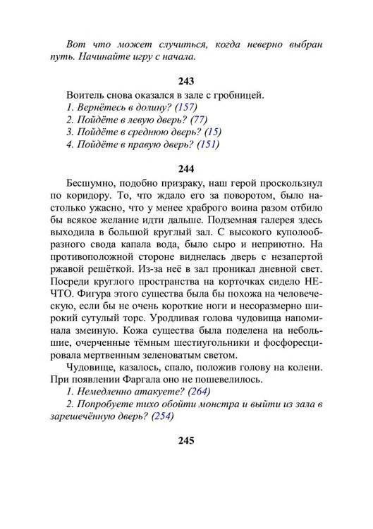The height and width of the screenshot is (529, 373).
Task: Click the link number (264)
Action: [197, 392]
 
